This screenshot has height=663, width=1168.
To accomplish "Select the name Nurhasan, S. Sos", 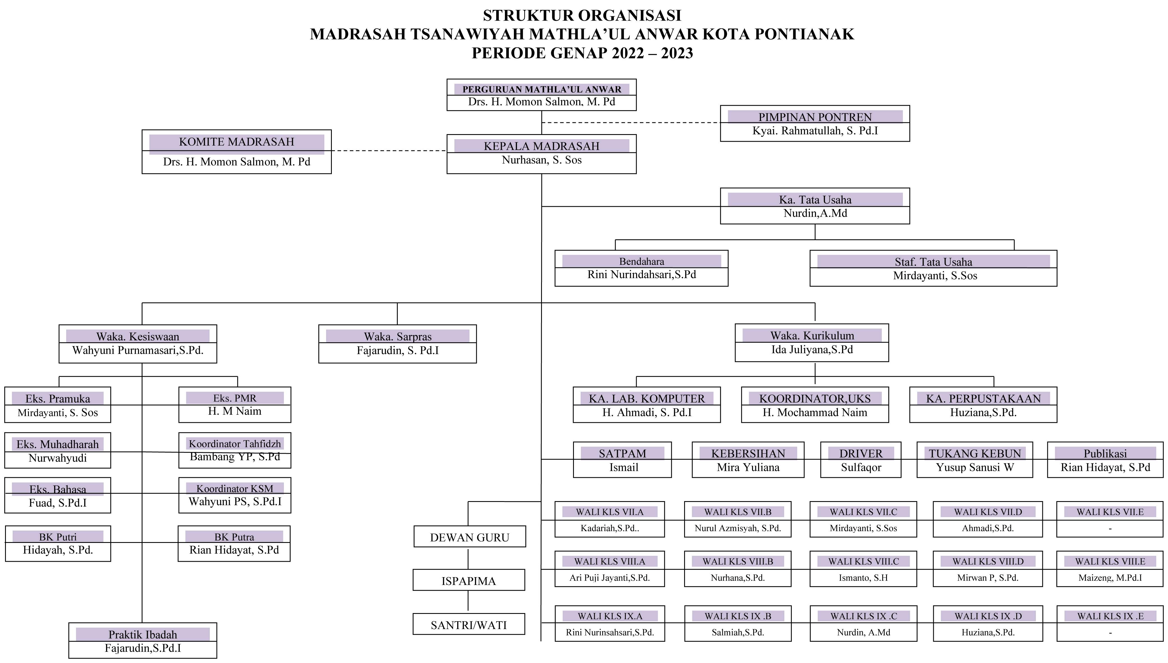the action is tap(542, 160).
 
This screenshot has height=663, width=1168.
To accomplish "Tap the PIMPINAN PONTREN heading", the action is tap(815, 117).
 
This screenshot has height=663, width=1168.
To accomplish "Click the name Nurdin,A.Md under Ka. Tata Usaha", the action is tap(815, 213).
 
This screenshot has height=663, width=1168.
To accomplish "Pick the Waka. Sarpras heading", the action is tap(397, 336).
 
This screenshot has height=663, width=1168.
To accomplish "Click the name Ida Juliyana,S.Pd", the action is tap(812, 350).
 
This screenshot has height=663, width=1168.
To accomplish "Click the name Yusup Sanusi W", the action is tap(974, 467).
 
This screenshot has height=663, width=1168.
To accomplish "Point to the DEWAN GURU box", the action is tap(469, 537).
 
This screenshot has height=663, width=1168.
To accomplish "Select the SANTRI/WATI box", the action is tap(468, 624).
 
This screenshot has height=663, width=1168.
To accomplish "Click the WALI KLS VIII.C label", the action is tap(863, 561).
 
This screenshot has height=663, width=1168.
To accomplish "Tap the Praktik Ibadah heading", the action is tap(142, 634).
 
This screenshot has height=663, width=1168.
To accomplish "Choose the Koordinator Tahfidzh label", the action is tap(234, 444).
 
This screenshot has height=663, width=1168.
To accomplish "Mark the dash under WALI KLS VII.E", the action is tap(1110, 529).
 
